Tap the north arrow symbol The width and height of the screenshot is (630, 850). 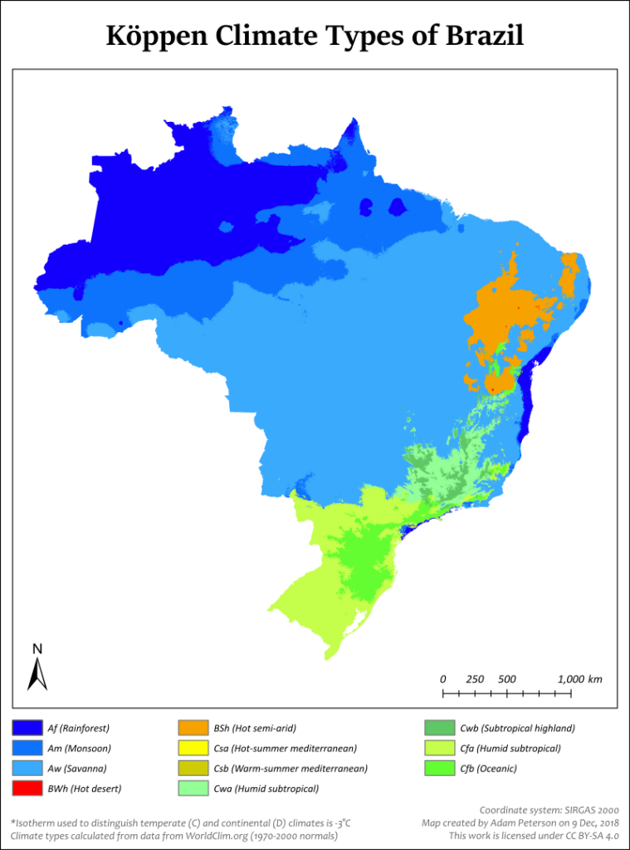37,674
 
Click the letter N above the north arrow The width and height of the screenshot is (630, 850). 37,648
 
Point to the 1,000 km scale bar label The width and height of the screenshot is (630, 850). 579,678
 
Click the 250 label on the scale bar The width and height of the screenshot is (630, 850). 475,678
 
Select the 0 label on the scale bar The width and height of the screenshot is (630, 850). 443,678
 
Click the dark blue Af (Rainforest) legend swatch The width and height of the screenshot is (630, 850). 27,728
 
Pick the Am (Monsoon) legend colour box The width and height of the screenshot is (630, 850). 27,748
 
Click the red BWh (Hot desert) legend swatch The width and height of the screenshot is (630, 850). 27,788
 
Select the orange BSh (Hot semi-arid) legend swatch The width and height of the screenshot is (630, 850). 192,728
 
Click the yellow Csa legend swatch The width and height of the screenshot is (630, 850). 192,748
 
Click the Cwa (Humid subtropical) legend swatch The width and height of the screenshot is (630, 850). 192,788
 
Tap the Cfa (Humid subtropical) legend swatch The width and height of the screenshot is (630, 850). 439,748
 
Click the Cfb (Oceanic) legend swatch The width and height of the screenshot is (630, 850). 439,768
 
